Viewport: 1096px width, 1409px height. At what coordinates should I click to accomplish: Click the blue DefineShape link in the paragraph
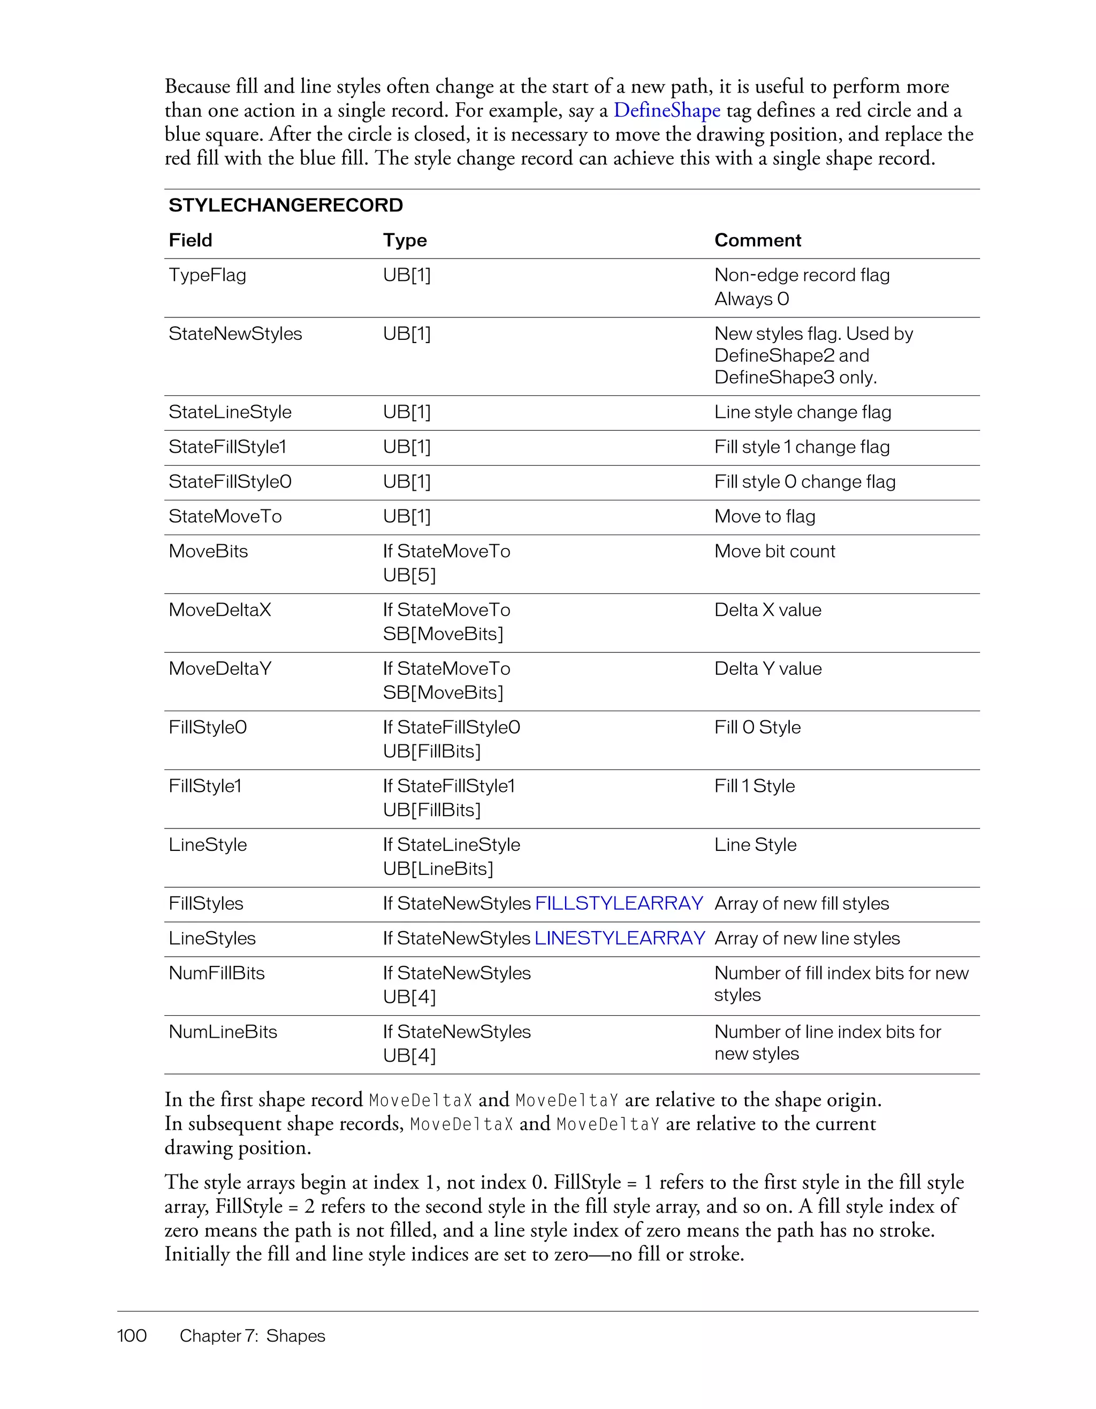point(666,110)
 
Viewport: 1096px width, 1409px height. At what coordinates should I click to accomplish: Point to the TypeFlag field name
point(207,275)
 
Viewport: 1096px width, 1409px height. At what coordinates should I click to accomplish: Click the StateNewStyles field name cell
point(235,333)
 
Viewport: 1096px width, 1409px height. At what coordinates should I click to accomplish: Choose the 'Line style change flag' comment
point(803,412)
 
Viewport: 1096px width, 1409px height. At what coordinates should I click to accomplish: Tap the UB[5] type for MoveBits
point(409,575)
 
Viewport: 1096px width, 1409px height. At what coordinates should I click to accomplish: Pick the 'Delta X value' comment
point(767,610)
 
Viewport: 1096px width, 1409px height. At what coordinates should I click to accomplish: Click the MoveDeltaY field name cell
point(220,668)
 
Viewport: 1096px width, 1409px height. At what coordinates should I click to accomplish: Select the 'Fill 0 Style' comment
point(757,727)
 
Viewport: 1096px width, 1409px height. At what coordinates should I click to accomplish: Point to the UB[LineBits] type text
point(437,869)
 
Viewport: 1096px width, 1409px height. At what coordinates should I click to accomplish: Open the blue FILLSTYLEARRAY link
point(619,903)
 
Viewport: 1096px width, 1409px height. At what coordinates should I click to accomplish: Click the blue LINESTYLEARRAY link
point(619,938)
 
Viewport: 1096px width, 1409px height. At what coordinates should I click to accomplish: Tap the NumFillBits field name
point(216,973)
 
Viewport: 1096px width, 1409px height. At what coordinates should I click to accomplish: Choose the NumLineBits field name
point(223,1032)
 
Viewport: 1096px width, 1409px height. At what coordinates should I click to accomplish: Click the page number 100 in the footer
point(132,1336)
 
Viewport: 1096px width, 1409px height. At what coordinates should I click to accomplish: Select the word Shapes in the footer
point(295,1336)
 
